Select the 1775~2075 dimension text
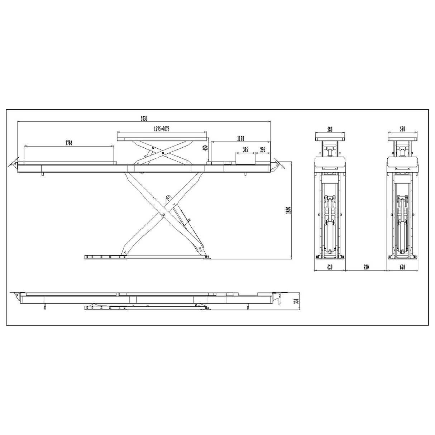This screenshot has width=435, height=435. click(161, 128)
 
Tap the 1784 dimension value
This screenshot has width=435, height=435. click(69, 143)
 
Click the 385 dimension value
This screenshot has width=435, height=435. click(245, 150)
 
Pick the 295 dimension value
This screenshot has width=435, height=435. click(263, 150)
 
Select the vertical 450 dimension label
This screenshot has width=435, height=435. click(206, 148)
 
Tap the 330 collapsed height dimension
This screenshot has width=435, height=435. click(296, 301)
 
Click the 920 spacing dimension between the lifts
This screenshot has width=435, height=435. click(366, 267)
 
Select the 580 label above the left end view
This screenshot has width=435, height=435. click(330, 129)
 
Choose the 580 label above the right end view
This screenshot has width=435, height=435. click(402, 129)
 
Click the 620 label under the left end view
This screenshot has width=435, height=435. click(330, 267)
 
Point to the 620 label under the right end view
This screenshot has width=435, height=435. click(402, 267)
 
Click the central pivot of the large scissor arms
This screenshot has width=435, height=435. click(164, 215)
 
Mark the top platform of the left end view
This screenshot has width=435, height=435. click(330, 136)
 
